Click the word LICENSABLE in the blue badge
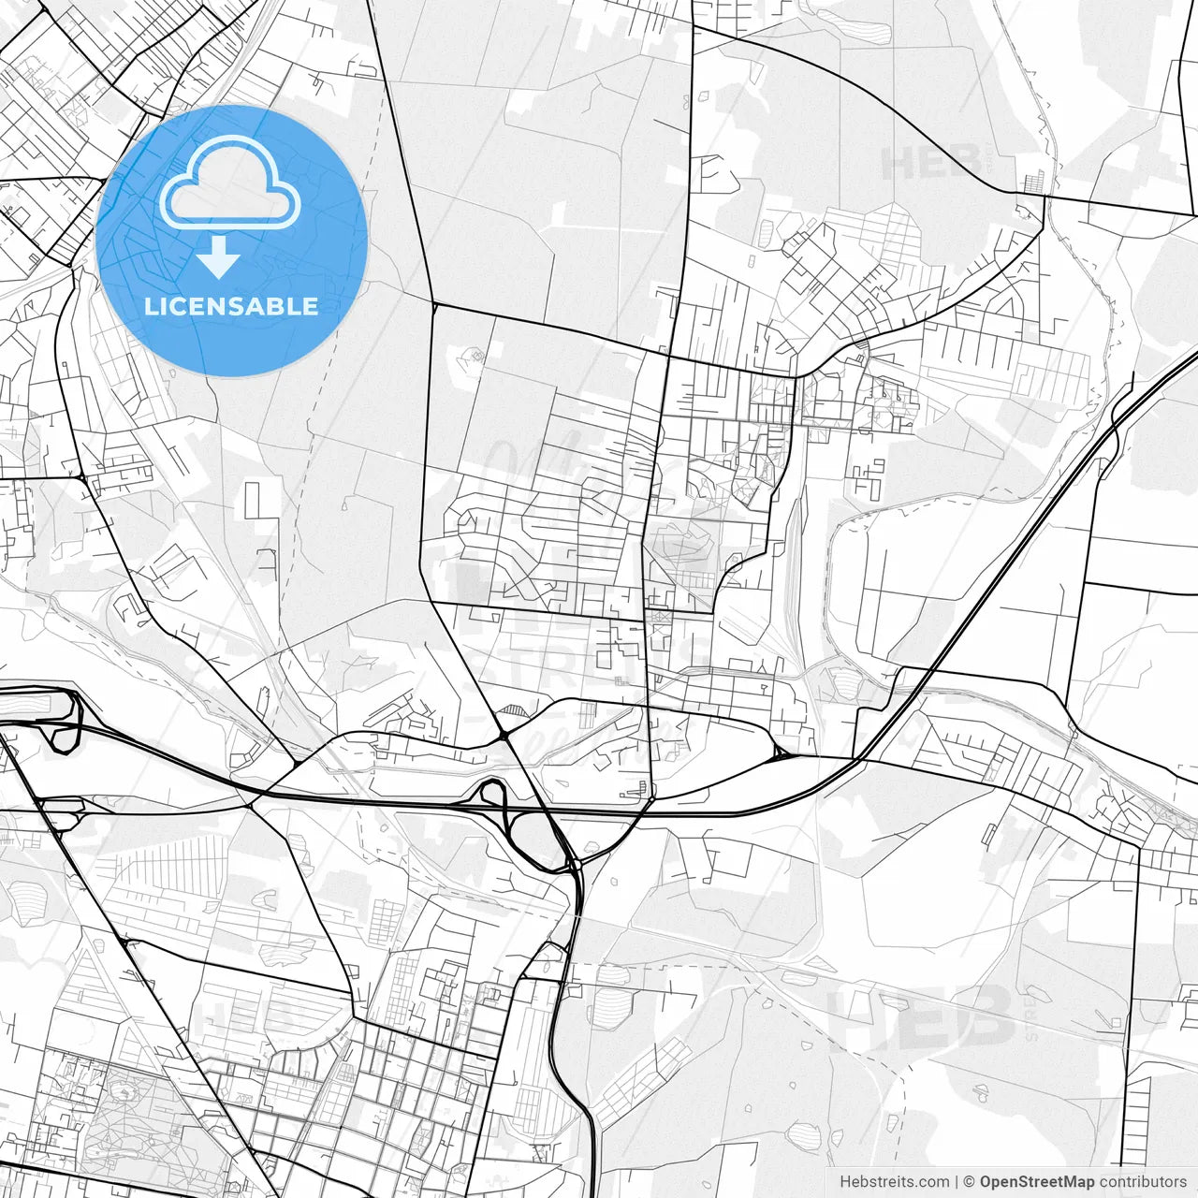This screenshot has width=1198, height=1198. (231, 306)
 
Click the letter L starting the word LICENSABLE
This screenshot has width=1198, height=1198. (150, 306)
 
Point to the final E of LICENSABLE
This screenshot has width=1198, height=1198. (311, 306)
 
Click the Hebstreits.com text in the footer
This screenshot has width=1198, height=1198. (894, 1182)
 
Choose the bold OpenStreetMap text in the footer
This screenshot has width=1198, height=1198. (1036, 1182)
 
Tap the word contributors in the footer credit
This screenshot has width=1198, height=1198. (1142, 1182)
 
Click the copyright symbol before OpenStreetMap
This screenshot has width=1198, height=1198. (970, 1182)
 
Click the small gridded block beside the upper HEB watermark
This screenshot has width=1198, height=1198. (1033, 182)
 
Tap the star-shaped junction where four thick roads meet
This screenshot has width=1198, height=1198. (504, 737)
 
